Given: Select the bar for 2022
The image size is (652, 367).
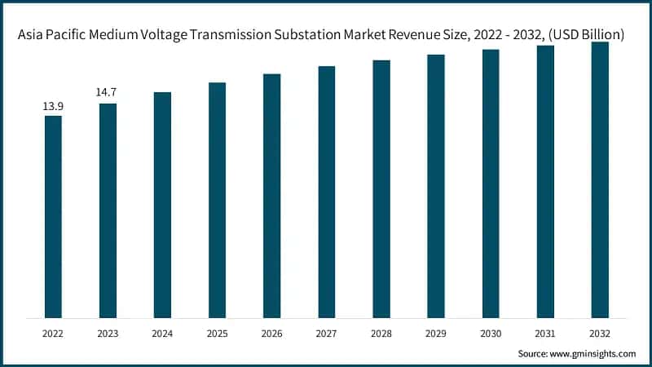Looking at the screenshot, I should (x=53, y=216).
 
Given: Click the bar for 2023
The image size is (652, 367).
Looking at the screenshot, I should (x=108, y=210).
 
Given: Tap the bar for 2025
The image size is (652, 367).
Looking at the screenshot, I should (x=217, y=200).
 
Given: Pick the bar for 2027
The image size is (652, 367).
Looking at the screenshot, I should (x=326, y=192).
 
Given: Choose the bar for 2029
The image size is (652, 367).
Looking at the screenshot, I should (x=436, y=186).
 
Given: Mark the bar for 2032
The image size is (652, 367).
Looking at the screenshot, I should (x=600, y=179).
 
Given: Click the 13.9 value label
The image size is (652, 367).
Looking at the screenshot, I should (x=53, y=107).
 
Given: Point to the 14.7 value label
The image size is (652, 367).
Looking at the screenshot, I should (x=108, y=92).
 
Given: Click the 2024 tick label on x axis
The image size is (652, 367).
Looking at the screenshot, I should (x=162, y=334).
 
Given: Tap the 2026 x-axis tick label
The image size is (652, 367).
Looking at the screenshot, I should (x=271, y=334).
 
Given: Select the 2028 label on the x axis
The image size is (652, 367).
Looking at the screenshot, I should (x=381, y=334).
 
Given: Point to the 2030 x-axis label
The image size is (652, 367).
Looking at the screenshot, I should (x=491, y=334).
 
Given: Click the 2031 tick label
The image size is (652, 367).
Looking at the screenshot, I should (x=545, y=334).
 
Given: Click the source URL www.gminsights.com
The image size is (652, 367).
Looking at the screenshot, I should (x=593, y=354).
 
